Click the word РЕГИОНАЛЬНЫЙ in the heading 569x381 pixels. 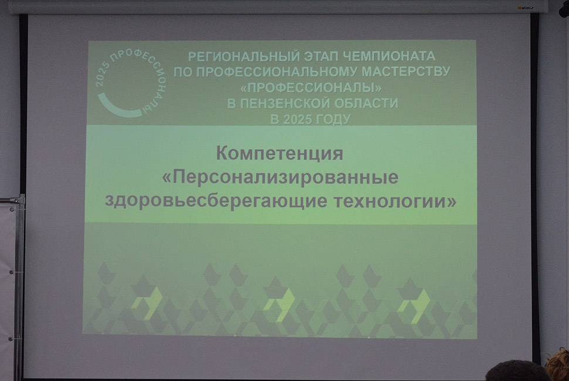point(244,56)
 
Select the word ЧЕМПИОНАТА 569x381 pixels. point(389,56)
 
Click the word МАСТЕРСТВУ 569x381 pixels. point(406,71)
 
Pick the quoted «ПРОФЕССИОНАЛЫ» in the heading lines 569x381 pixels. point(311,87)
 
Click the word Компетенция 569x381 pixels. point(279,154)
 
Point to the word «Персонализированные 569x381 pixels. point(280,178)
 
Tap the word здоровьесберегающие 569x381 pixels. point(216,201)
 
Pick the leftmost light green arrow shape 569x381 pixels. point(148,302)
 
